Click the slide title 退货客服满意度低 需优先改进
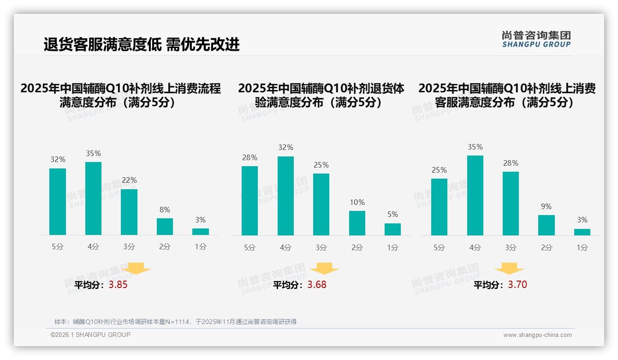142,44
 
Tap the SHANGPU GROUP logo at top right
536,39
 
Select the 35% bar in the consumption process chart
94,198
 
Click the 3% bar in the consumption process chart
201,232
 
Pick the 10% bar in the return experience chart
357,223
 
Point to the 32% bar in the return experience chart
285,196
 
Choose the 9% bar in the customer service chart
547,225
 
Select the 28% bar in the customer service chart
511,204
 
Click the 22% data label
129,180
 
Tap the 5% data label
392,214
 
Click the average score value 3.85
118,285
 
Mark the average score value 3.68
317,285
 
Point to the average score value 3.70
517,285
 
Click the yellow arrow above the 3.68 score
324,269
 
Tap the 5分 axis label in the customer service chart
439,248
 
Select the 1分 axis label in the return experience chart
392,248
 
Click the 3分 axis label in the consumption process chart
129,247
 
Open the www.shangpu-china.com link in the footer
537,335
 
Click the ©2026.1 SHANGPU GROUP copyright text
90,335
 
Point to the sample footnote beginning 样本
175,322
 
